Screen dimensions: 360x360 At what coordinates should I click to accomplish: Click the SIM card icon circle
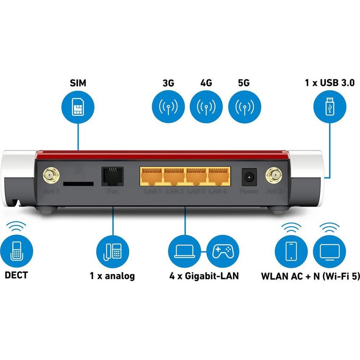[x=78, y=106]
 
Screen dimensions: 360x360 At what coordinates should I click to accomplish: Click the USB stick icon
[x=329, y=106]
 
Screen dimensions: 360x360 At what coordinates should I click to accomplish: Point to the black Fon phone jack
[x=112, y=177]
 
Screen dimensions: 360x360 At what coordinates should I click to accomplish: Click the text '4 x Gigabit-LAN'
[x=204, y=276]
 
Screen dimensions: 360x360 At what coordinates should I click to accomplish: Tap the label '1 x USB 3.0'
[x=329, y=83]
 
